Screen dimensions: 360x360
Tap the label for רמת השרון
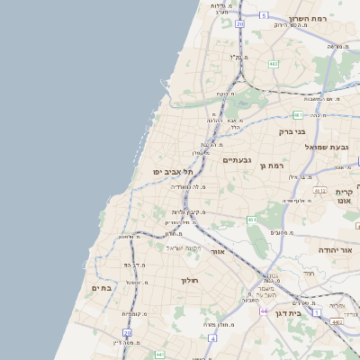311,17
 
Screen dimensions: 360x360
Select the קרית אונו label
343,196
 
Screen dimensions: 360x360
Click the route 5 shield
264,15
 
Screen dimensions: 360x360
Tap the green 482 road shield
274,64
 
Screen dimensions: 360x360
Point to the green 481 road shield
298,115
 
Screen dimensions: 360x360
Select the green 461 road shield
252,220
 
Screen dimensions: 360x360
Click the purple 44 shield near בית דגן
264,310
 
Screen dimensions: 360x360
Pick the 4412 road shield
320,191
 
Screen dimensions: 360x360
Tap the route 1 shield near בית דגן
316,312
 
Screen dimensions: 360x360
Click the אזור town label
217,253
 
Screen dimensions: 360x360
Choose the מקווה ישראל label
186,247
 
